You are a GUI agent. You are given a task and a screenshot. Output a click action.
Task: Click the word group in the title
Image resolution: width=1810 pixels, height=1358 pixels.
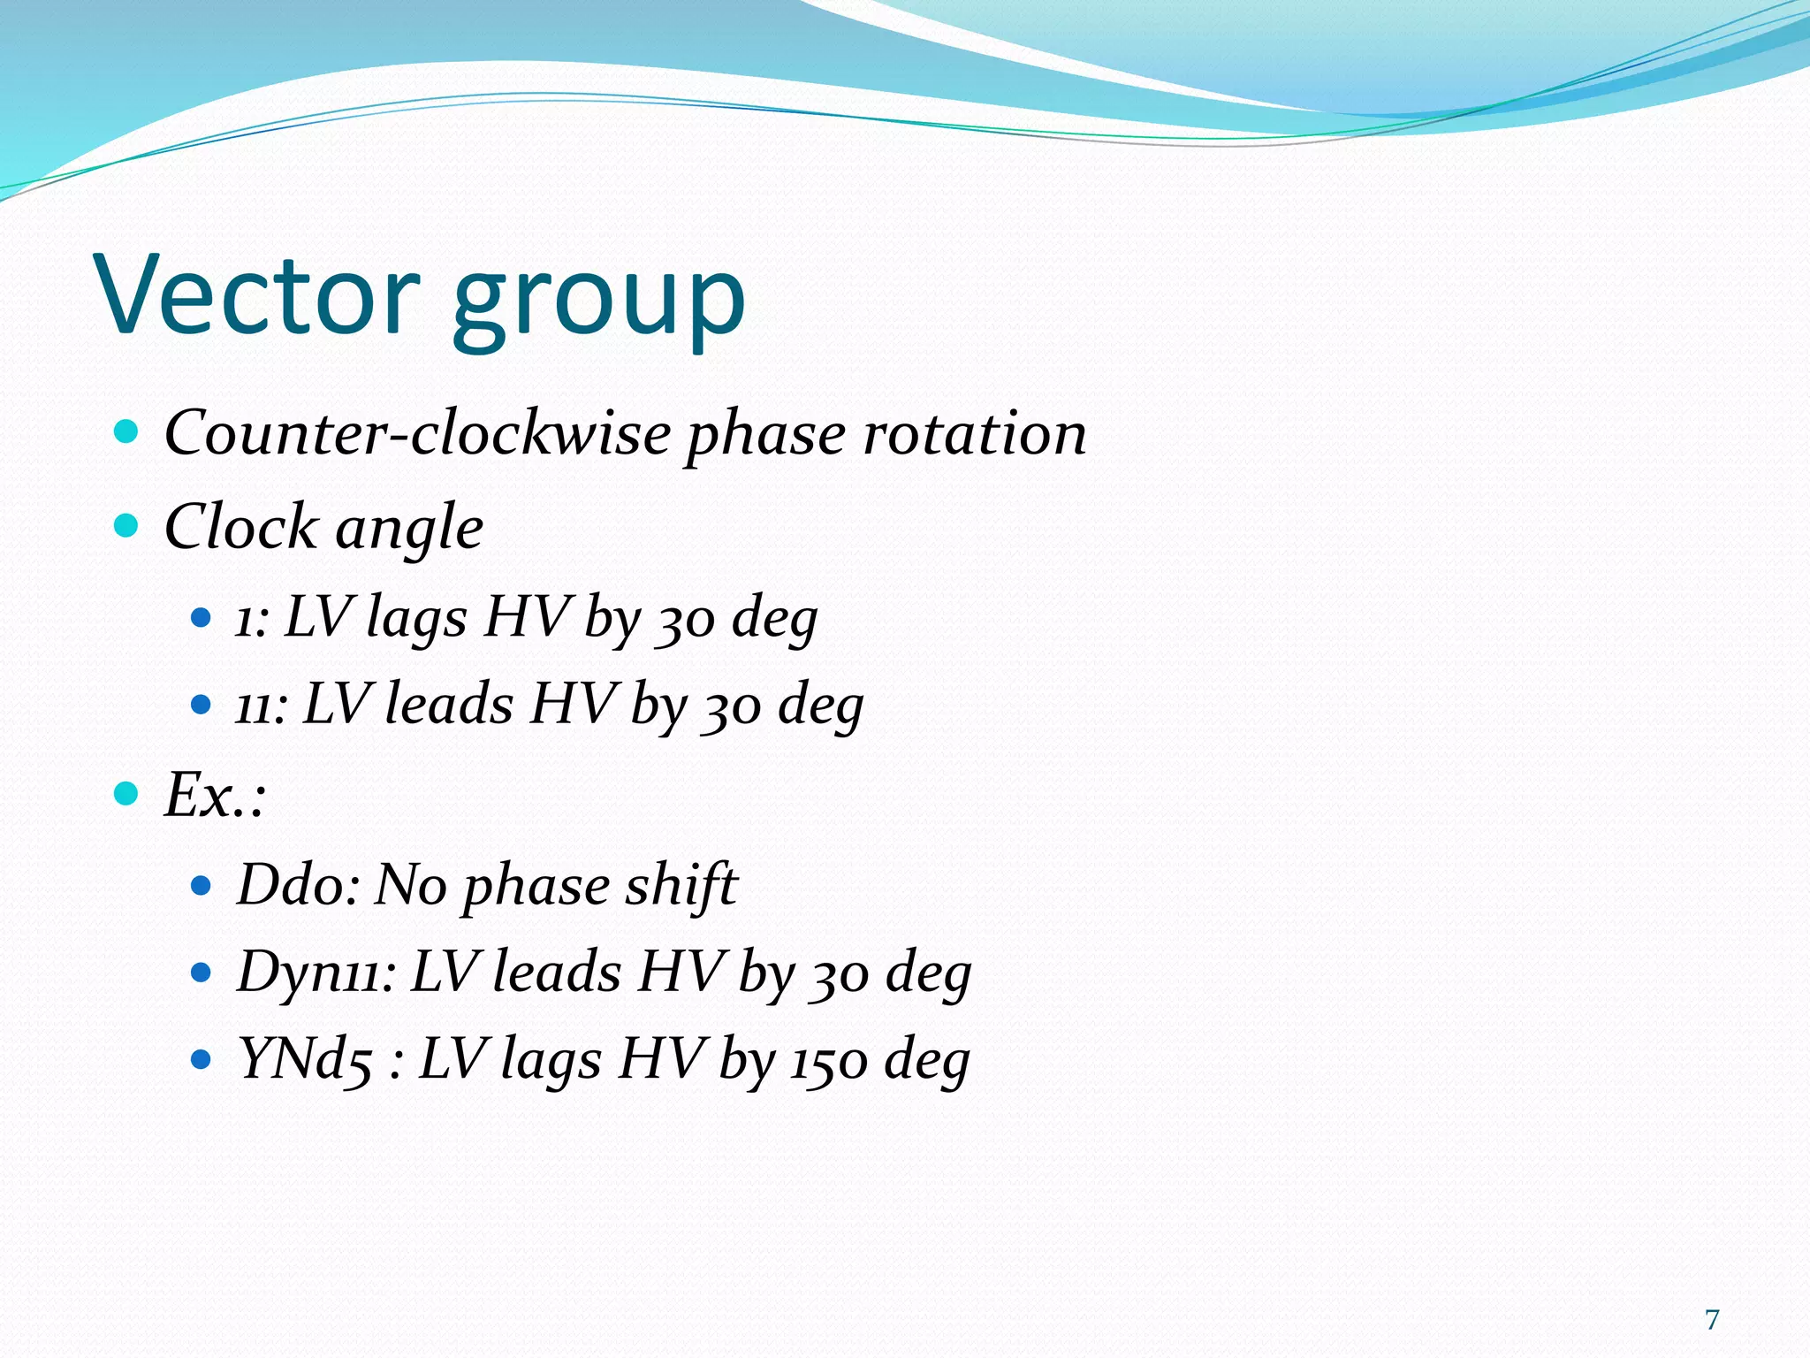pyautogui.click(x=599, y=301)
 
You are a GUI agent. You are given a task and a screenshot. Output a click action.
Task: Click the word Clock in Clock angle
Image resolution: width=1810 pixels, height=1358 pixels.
pyautogui.click(x=240, y=527)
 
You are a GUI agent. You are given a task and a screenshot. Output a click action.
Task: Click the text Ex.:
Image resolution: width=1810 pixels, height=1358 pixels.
pyautogui.click(x=215, y=794)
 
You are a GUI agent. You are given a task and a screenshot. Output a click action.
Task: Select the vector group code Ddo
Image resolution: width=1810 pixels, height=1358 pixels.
pyautogui.click(x=296, y=883)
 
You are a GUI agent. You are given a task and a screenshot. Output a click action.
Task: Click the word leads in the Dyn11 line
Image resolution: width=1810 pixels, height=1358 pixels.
pyautogui.click(x=557, y=972)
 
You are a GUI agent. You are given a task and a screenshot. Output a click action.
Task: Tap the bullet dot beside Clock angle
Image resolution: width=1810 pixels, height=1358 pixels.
pyautogui.click(x=127, y=527)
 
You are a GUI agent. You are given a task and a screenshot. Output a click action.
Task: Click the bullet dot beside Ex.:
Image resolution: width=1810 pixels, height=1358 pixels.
pyautogui.click(x=127, y=793)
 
